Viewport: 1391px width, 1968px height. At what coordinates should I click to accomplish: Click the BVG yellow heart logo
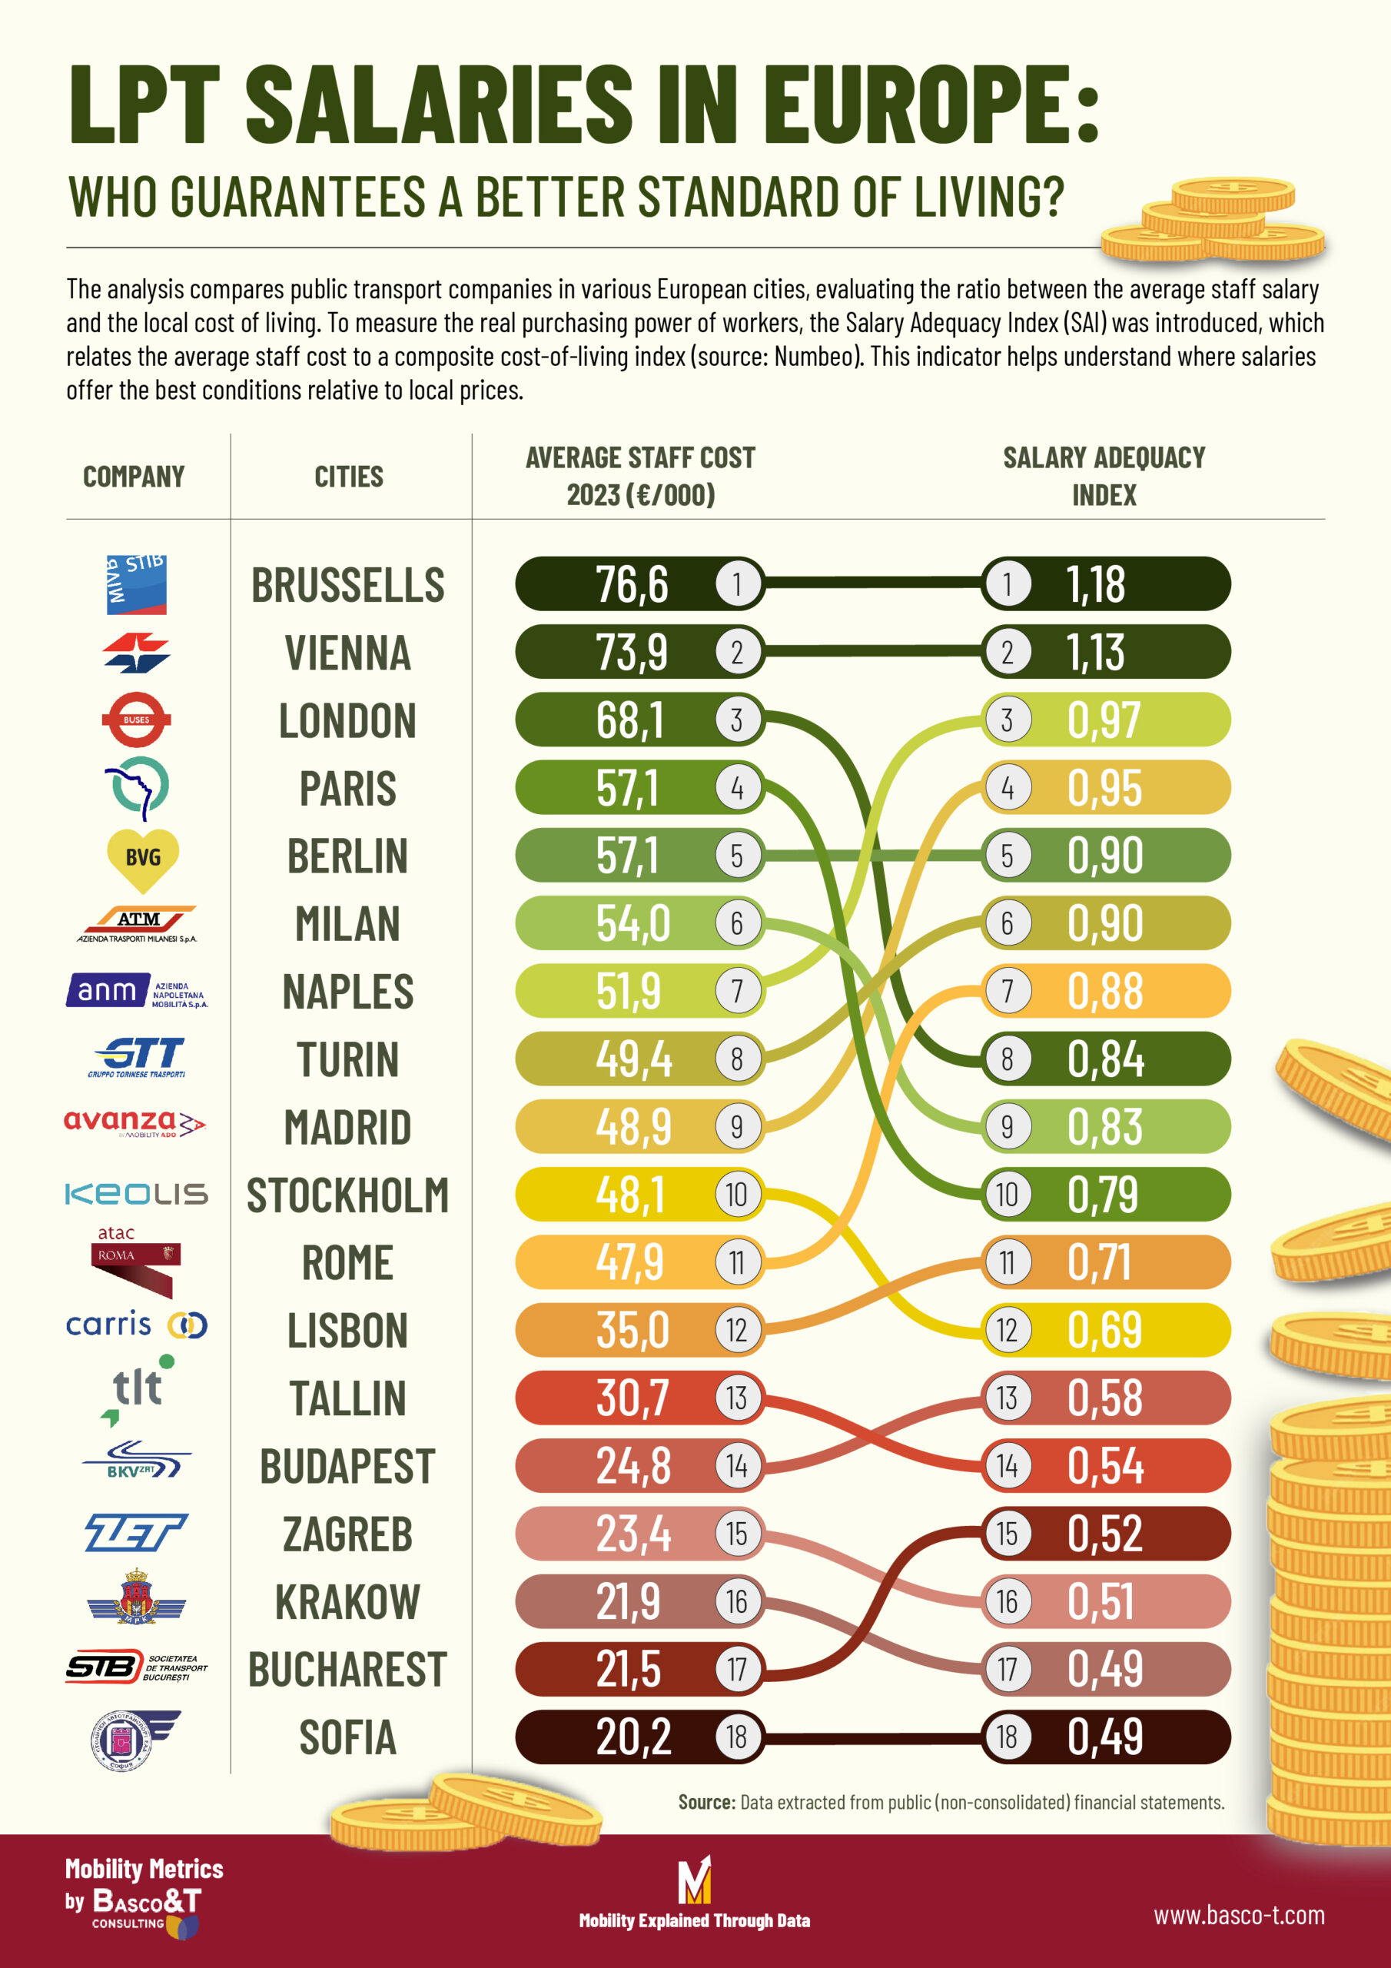pos(142,858)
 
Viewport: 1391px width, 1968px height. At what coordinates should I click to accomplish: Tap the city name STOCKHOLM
pos(347,1195)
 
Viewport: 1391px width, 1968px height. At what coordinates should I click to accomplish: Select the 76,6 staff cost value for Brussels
pos(632,584)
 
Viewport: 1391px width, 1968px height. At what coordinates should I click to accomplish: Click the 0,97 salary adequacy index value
pos(1104,720)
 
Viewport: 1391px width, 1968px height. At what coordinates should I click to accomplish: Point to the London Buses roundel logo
pos(136,720)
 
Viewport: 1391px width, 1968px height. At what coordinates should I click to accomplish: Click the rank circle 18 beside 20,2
pos(736,1737)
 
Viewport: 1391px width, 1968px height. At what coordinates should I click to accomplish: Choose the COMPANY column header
pos(134,477)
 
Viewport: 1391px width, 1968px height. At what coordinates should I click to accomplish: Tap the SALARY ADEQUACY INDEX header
pos(1104,477)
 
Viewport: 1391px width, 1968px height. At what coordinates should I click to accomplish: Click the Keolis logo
pos(136,1194)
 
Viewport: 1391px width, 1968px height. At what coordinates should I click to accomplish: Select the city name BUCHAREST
pos(347,1670)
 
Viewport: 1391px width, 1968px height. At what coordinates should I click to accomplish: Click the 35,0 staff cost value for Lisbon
pos(632,1330)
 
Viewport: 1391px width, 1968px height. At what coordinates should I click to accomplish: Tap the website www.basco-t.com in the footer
pos(1238,1915)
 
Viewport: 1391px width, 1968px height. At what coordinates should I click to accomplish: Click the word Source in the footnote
pos(706,1803)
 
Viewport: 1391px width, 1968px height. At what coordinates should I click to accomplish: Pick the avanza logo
pos(134,1123)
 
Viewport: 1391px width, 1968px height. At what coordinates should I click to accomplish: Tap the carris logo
pos(136,1325)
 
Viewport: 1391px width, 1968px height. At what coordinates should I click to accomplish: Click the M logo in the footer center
pos(694,1880)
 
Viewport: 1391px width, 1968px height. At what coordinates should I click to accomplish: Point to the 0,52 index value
pos(1104,1534)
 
